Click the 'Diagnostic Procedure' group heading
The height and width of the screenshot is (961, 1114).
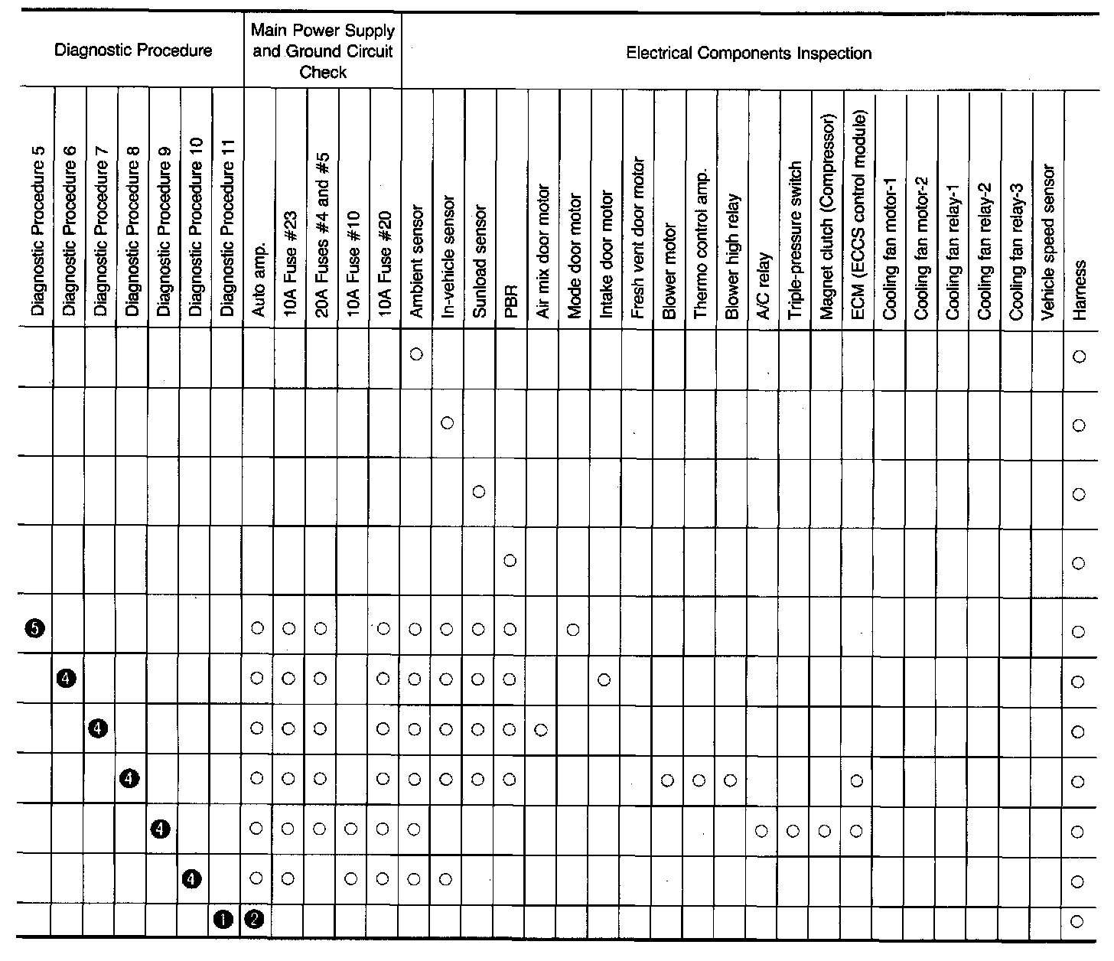click(134, 51)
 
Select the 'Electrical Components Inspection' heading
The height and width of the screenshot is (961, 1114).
click(748, 53)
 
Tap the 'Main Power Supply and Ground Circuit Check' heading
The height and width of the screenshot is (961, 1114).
click(323, 51)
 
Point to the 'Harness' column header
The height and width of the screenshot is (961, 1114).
click(1080, 289)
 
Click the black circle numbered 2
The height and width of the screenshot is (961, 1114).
click(256, 920)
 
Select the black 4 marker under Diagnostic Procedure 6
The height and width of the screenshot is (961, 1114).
click(66, 678)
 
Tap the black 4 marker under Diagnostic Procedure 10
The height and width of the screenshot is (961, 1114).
click(192, 880)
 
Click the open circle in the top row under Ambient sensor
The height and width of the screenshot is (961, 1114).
click(416, 354)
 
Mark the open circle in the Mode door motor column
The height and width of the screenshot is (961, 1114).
click(573, 629)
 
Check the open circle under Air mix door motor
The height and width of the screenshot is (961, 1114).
click(541, 730)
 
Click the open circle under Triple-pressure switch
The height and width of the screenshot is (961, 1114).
click(793, 830)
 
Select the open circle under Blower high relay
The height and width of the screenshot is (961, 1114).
click(731, 780)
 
